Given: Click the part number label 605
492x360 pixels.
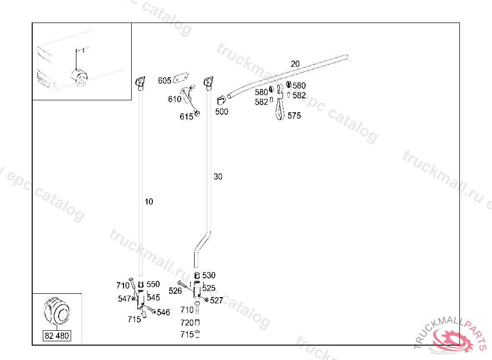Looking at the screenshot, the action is pyautogui.click(x=164, y=81).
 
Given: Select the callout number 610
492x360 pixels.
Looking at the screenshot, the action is pyautogui.click(x=174, y=99).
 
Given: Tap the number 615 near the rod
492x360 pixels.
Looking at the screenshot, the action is pyautogui.click(x=186, y=117).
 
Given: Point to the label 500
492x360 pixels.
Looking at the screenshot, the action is pyautogui.click(x=221, y=112).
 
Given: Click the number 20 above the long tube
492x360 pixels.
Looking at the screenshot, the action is pyautogui.click(x=295, y=64).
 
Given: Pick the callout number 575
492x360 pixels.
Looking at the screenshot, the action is pyautogui.click(x=294, y=116).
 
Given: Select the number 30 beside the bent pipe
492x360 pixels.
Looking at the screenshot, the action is pyautogui.click(x=218, y=177).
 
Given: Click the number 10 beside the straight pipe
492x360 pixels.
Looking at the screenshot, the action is pyautogui.click(x=149, y=202).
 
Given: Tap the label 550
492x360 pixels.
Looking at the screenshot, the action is pyautogui.click(x=153, y=284).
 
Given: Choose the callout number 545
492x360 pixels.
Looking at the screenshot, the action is pyautogui.click(x=153, y=298).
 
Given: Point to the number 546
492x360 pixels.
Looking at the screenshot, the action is pyautogui.click(x=163, y=312).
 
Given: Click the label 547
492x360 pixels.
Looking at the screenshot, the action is pyautogui.click(x=124, y=299).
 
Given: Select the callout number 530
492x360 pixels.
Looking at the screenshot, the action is pyautogui.click(x=209, y=276).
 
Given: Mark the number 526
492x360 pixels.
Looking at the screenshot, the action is pyautogui.click(x=175, y=291).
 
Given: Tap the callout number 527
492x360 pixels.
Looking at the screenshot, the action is pyautogui.click(x=217, y=300).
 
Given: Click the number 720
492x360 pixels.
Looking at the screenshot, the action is pyautogui.click(x=187, y=323).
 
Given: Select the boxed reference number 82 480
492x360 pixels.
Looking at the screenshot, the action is pyautogui.click(x=57, y=336).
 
